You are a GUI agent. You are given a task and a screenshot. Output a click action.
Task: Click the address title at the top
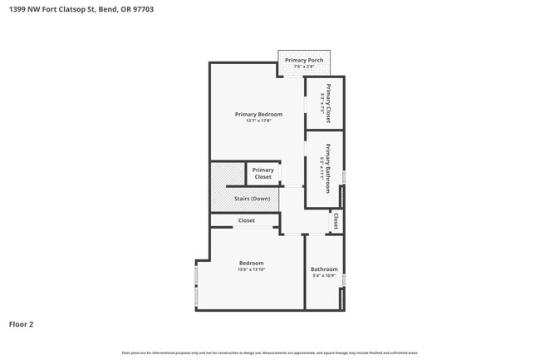[x=81, y=9]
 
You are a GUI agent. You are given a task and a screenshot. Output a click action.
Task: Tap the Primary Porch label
[x=303, y=61]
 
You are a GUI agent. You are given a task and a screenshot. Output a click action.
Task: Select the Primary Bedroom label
[x=258, y=114]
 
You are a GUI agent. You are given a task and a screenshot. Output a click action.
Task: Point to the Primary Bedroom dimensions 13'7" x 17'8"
[x=258, y=121]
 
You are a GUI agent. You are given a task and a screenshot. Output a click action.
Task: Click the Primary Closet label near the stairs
[x=263, y=174]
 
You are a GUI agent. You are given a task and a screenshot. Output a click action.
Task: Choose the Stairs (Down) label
[x=252, y=199]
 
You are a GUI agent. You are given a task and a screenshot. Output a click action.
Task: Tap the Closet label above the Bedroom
[x=247, y=220]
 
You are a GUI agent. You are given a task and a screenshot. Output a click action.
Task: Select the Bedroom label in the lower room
[x=251, y=263]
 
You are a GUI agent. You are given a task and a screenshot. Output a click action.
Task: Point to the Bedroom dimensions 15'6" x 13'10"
[x=251, y=269]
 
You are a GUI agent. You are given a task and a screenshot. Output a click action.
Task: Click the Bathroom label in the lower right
[x=324, y=269]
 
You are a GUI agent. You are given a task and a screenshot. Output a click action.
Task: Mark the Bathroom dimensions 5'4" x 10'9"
[x=324, y=275]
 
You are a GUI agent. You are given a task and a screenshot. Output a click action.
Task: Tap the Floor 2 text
[x=22, y=323]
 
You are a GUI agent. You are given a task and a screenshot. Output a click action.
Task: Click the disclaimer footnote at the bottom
[x=270, y=353]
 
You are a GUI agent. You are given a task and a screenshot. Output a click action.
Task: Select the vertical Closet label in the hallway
[x=336, y=221]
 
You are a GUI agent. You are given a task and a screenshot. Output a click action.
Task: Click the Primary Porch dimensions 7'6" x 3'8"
[x=303, y=67]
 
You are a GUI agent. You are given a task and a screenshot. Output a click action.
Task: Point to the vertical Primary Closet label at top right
[x=327, y=104]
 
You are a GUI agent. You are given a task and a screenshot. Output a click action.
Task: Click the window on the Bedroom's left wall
[x=196, y=285]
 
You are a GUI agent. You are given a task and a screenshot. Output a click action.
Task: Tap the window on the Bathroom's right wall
[x=343, y=280]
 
